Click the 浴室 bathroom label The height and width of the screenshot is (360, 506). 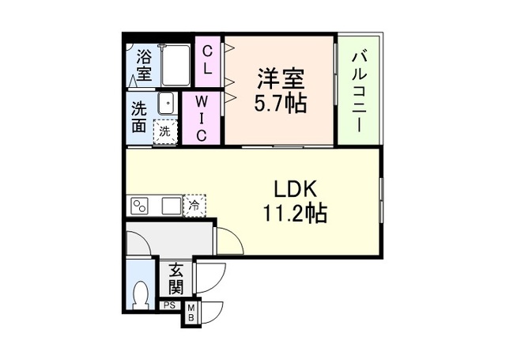point(143,66)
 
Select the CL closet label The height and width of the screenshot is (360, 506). point(207,60)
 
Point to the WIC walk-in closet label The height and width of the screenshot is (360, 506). point(201,118)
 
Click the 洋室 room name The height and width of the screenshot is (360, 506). point(281,81)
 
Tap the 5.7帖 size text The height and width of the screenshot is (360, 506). point(281,104)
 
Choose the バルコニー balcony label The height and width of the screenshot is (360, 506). point(358,89)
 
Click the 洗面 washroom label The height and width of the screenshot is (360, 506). point(139,117)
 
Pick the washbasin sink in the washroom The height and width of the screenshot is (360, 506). point(166,104)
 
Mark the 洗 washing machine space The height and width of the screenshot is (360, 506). point(164,131)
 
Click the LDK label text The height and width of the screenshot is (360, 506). point(295,190)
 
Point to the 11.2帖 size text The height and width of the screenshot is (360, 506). point(295,213)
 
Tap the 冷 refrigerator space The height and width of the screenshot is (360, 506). point(194,206)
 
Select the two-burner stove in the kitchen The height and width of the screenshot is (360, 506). point(140,206)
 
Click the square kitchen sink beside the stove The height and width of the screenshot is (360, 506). point(170,206)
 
